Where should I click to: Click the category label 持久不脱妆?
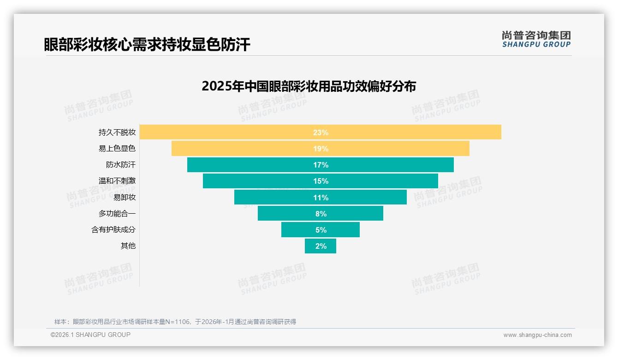click(117, 132)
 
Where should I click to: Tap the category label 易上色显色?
click(117, 149)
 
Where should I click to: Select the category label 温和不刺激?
click(117, 181)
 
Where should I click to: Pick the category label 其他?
click(128, 246)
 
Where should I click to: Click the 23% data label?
click(321, 132)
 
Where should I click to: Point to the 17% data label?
click(321, 165)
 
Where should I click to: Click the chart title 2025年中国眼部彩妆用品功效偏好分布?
click(309, 86)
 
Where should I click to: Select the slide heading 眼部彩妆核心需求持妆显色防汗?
click(147, 44)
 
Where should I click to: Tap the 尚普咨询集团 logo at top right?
click(536, 39)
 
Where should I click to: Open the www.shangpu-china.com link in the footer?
click(537, 335)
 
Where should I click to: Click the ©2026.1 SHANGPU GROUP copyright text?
click(90, 335)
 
